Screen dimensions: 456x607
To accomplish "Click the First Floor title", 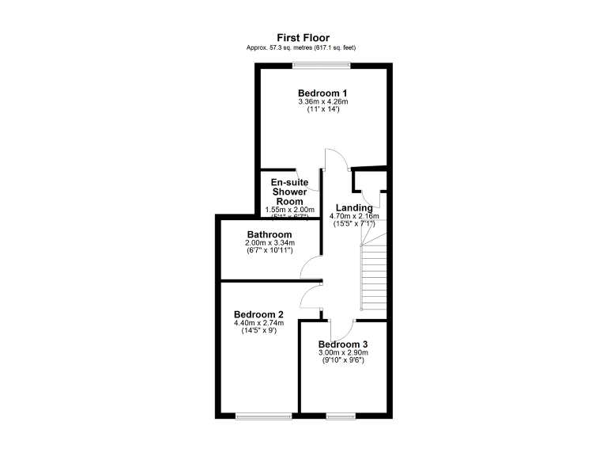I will [303, 37].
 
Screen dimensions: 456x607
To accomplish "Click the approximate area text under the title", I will [303, 47].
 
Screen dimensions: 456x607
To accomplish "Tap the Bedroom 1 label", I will [322, 93].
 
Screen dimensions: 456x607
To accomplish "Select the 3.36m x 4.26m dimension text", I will [322, 101].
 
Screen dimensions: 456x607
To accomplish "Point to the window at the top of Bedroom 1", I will [323, 66].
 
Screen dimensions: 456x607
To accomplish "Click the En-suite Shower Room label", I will [289, 192].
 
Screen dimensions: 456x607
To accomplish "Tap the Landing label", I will [354, 207].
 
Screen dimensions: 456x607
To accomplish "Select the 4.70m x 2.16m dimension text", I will [354, 215].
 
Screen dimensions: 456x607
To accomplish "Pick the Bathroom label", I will [270, 234].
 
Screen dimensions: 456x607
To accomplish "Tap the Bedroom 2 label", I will [258, 313].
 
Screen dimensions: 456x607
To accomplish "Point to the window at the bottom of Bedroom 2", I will [264, 415].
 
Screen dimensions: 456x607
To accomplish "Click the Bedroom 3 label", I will [343, 344].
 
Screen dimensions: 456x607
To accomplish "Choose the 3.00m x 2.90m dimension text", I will [343, 353].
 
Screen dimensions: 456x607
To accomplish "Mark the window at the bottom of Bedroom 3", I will [341, 415].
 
